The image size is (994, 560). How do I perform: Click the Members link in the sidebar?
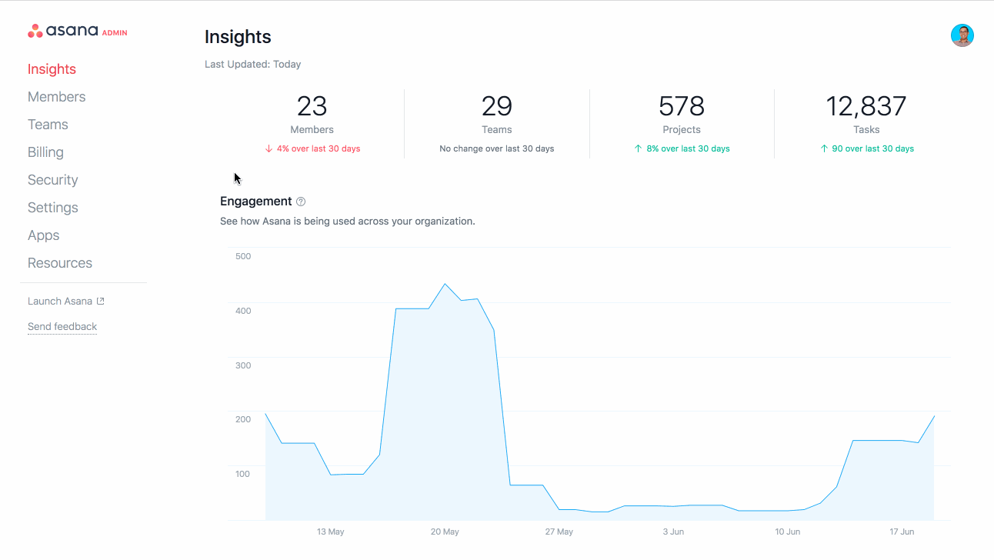pos(56,97)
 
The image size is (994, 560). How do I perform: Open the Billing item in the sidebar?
pos(45,152)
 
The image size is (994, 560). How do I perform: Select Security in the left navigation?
pos(52,180)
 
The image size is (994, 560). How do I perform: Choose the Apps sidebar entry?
pos(43,235)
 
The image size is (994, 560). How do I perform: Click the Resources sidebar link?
pos(59,263)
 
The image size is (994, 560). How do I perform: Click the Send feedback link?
pos(62,327)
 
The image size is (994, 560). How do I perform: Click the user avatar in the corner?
pos(962,35)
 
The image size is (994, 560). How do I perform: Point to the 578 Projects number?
pos(681,106)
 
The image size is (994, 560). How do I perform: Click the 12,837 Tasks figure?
pos(866,106)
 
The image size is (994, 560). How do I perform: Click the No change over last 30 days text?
pos(496,148)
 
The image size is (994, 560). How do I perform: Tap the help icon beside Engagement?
pos(301,202)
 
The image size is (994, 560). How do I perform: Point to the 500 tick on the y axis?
pos(243,256)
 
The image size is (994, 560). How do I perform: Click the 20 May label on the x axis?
pos(445,532)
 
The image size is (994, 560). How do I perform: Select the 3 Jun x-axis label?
pos(672,532)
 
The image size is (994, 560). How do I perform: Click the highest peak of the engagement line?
pos(445,284)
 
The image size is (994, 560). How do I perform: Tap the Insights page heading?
pos(238,37)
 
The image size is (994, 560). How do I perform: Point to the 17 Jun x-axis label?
pos(902,532)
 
